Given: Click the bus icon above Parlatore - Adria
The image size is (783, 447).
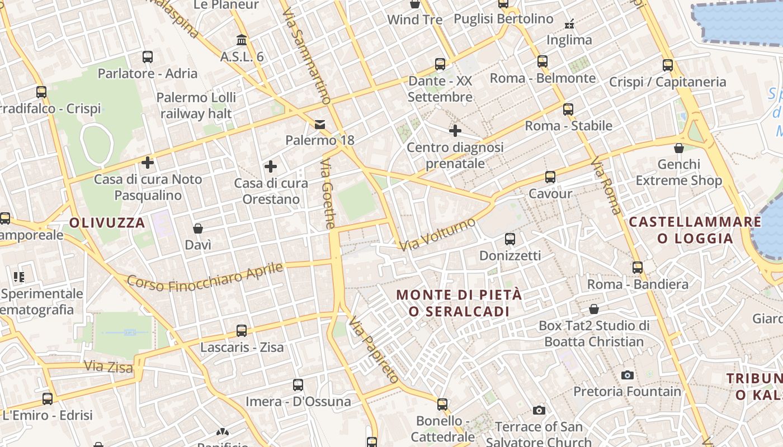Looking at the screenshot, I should click(148, 57).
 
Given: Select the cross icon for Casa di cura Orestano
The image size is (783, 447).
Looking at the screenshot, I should click(271, 167).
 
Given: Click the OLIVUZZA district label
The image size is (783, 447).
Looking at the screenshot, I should click(107, 223).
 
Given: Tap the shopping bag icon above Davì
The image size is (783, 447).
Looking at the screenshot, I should click(198, 229).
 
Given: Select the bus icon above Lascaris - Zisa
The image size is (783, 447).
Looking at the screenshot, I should click(242, 331).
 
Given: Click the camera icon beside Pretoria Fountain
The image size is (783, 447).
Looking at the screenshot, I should click(628, 375).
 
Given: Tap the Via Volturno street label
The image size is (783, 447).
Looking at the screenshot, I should click(438, 234).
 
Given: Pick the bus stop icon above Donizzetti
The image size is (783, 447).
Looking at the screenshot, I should click(510, 239).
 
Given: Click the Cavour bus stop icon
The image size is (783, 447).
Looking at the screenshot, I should click(550, 177).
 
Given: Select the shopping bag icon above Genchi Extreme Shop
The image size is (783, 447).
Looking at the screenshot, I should click(679, 148).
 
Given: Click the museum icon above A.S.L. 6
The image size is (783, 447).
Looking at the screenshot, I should click(242, 40).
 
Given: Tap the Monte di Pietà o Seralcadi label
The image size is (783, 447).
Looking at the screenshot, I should click(459, 303).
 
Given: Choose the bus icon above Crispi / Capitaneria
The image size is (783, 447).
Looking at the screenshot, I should click(668, 65).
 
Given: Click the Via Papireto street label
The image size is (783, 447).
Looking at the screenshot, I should click(374, 350).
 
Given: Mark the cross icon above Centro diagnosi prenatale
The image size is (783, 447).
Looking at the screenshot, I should click(455, 131).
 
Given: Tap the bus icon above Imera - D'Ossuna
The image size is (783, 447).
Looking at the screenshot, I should click(298, 385).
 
